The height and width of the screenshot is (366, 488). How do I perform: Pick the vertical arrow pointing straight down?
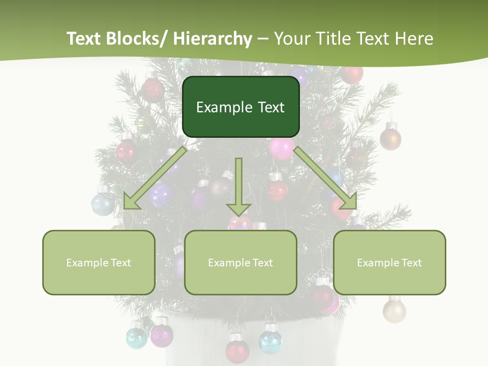pyautogui.click(x=239, y=186)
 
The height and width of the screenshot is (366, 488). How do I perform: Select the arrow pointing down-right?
pyautogui.click(x=326, y=178)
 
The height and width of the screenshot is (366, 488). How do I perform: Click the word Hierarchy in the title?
pyautogui.click(x=212, y=39)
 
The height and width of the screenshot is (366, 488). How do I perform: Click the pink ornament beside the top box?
pyautogui.click(x=281, y=148)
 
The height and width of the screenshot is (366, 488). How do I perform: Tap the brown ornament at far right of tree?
pyautogui.click(x=390, y=138)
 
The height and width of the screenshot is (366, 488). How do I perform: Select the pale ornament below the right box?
pyautogui.click(x=394, y=310)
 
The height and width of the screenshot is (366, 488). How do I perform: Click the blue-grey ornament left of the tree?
pyautogui.click(x=103, y=204)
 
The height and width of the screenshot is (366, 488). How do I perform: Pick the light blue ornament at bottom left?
pyautogui.click(x=137, y=337)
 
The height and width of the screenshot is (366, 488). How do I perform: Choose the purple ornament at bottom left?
pyautogui.click(x=162, y=334)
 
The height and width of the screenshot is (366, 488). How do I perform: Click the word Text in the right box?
pyautogui.click(x=412, y=263)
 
